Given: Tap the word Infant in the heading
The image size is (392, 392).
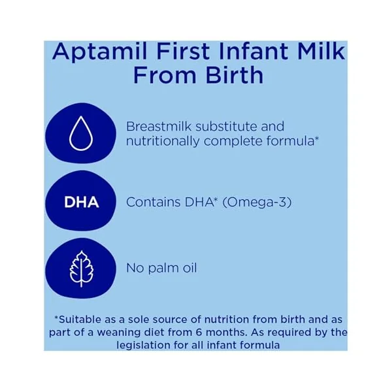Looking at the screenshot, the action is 253,51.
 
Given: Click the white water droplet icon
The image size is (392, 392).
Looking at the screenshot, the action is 81,133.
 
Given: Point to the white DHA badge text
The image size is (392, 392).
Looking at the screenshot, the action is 82,202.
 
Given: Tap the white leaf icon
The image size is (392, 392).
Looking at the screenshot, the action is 81,269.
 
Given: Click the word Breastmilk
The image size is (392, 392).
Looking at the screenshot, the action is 159,126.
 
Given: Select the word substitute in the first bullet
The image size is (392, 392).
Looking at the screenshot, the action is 226,126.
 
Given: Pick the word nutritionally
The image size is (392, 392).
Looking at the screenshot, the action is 163,142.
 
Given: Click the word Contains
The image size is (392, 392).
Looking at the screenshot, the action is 154,202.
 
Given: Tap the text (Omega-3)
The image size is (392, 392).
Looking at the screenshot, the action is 257,203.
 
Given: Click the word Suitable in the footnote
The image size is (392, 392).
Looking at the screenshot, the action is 80,319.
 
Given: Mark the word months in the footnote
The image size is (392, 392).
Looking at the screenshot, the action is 226,333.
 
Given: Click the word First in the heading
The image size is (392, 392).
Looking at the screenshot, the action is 183,51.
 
